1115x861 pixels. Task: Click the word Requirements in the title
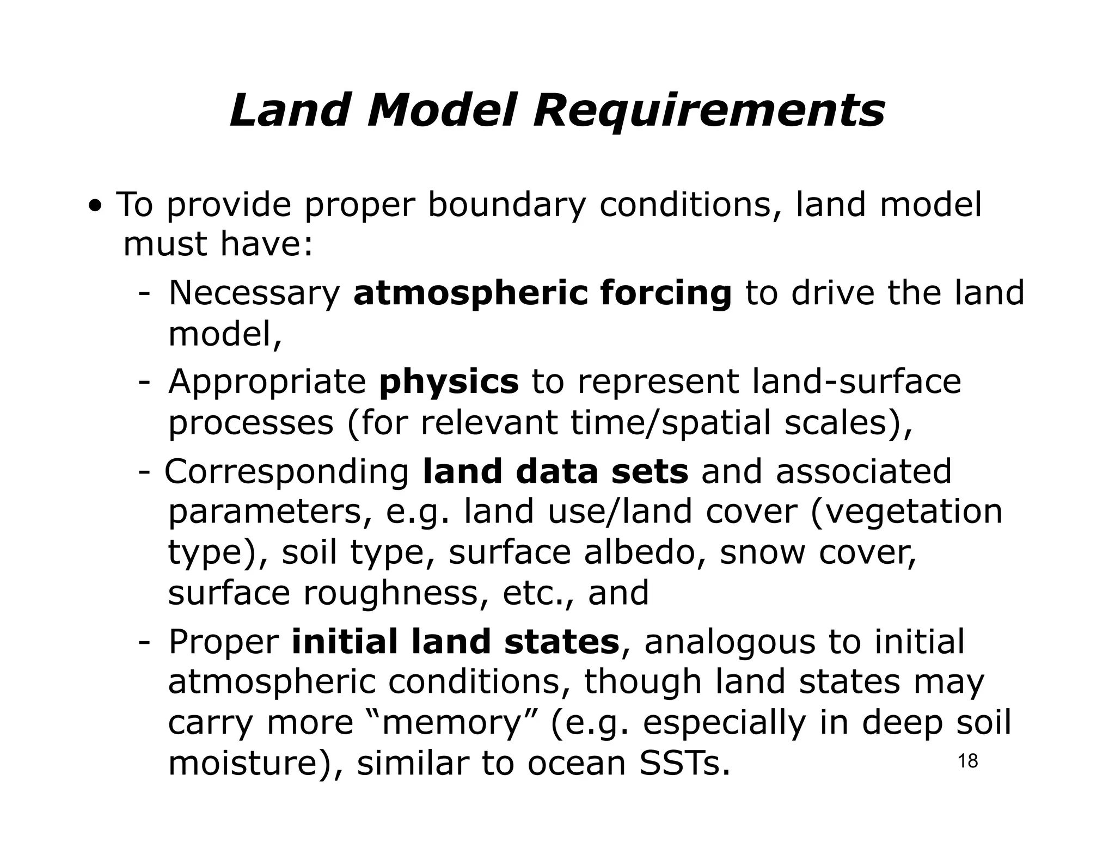click(708, 112)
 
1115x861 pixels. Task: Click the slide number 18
click(967, 761)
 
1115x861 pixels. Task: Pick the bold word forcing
click(666, 294)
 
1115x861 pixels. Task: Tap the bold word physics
click(449, 383)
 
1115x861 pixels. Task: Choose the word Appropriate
click(267, 383)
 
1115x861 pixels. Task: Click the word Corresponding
click(287, 472)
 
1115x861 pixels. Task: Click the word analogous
click(730, 642)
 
